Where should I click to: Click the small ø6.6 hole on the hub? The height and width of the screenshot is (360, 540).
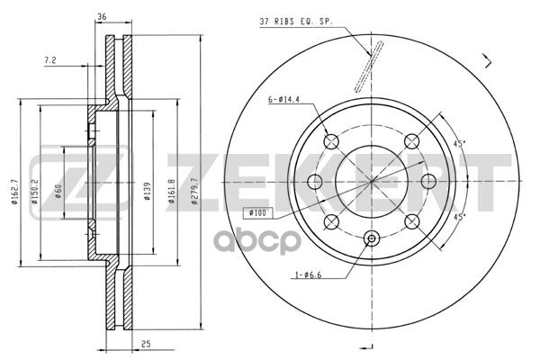(x=371, y=238)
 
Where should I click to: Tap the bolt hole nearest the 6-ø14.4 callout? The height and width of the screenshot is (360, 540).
(x=330, y=140)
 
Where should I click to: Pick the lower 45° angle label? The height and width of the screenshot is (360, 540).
(x=459, y=217)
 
